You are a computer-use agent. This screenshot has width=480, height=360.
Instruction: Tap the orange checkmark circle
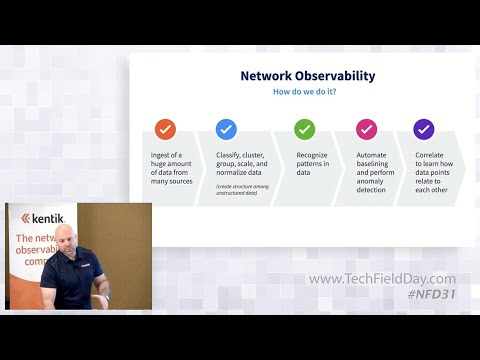pyautogui.click(x=165, y=129)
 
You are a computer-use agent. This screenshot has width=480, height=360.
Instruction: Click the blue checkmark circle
pyautogui.click(x=226, y=129)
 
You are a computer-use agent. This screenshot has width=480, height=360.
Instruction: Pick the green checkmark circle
pyautogui.click(x=304, y=129)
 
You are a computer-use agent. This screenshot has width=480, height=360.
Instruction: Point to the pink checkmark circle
pyautogui.click(x=366, y=129)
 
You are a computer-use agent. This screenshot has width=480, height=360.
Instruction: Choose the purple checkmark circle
pyautogui.click(x=423, y=129)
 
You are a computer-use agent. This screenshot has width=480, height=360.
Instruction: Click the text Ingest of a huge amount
pyautogui.click(x=168, y=164)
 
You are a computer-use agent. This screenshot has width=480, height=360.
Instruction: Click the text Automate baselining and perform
pyautogui.click(x=377, y=164)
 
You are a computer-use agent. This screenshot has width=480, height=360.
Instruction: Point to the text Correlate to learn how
pyautogui.click(x=437, y=164)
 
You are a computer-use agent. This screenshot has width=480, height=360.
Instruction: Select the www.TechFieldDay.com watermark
pyautogui.click(x=382, y=279)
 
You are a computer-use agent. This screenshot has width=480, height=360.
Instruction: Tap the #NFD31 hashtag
pyautogui.click(x=431, y=295)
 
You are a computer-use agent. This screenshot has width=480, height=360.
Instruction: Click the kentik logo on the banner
pyautogui.click(x=43, y=218)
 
